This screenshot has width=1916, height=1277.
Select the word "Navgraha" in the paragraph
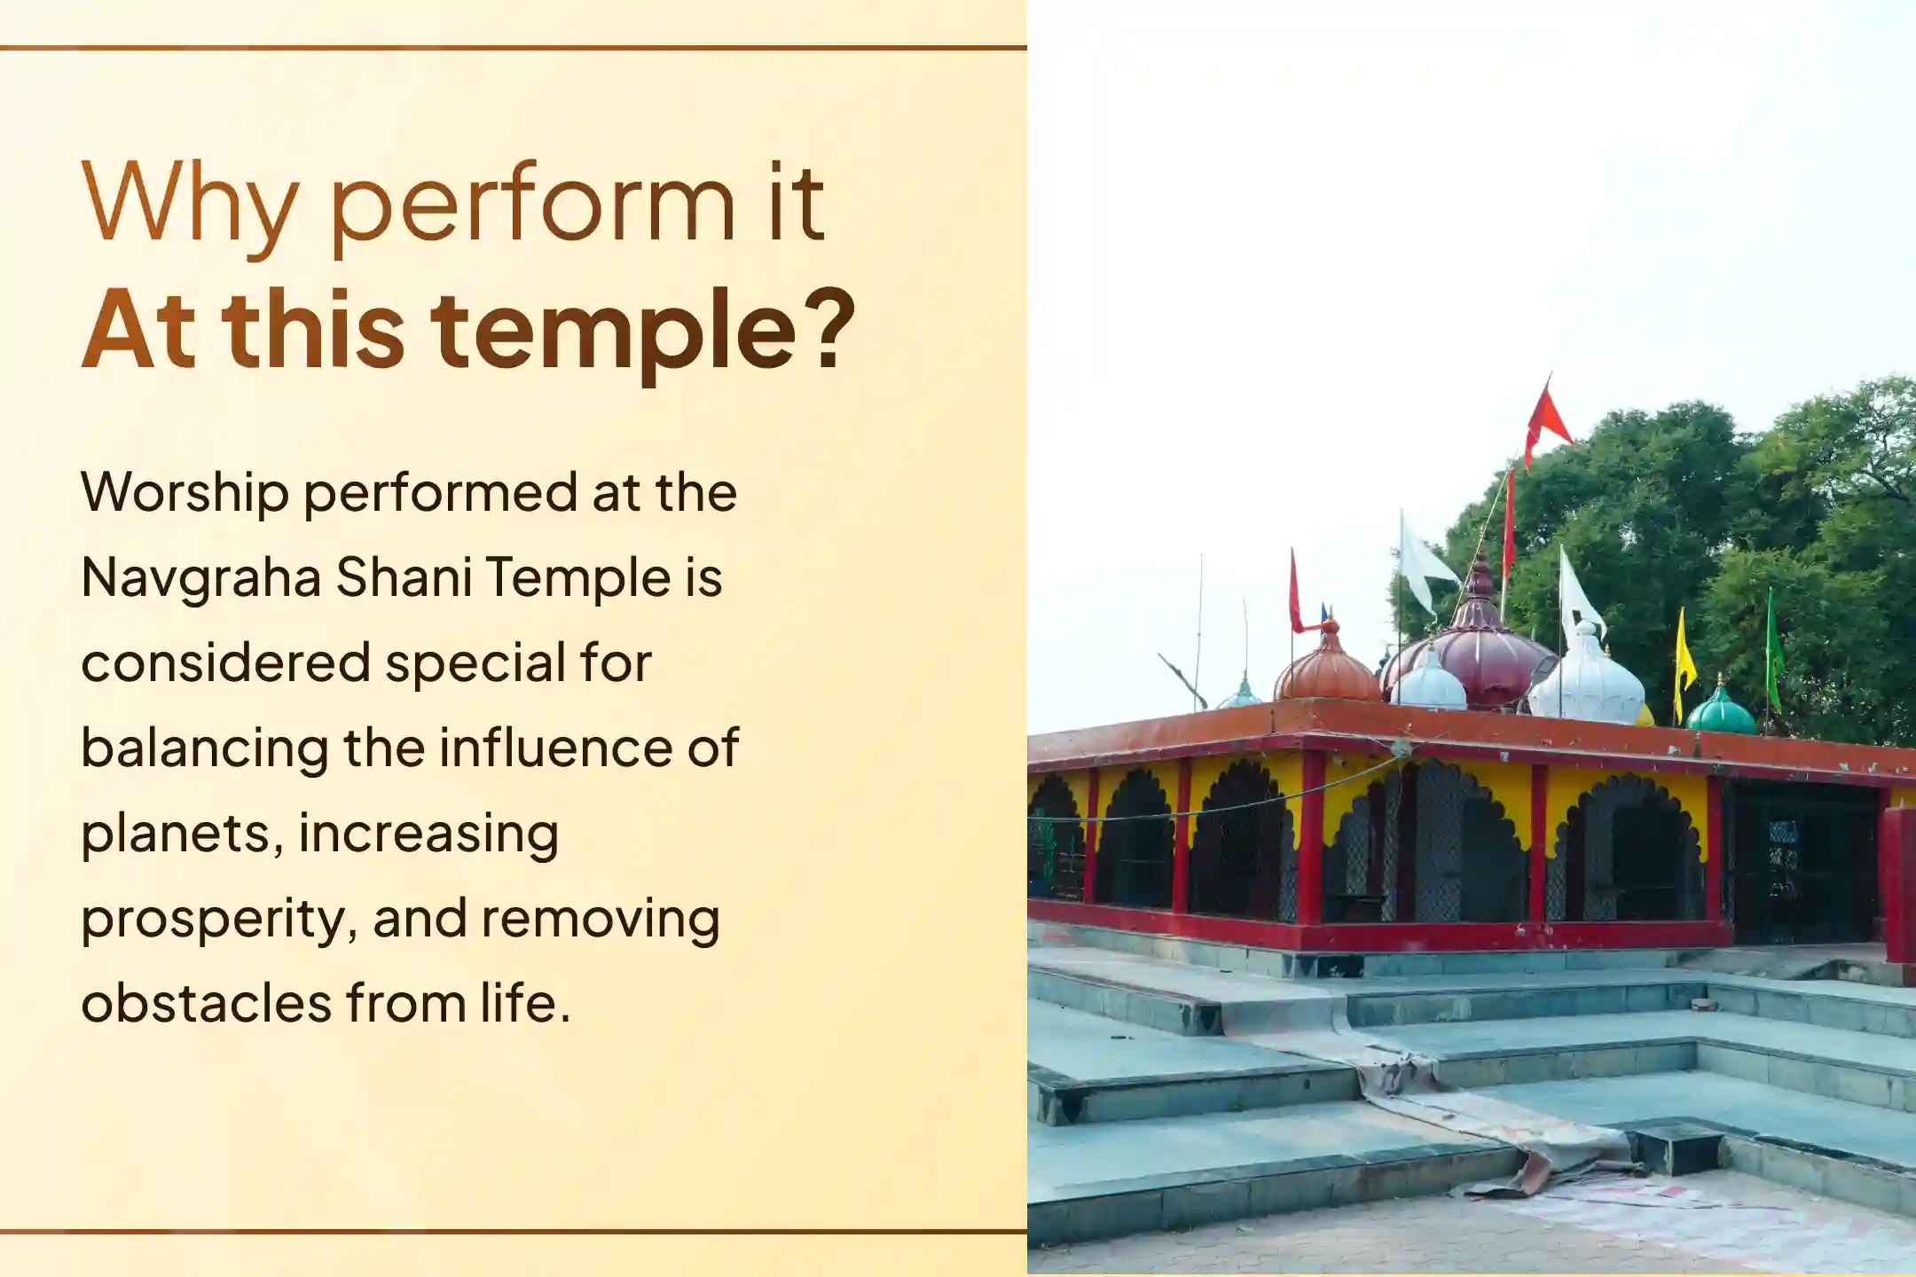point(200,578)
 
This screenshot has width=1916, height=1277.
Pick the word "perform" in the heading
point(532,206)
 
